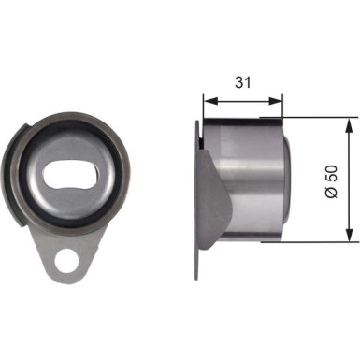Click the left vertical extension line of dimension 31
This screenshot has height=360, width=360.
click(203, 108)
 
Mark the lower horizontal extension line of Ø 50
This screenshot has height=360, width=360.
click(318, 240)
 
